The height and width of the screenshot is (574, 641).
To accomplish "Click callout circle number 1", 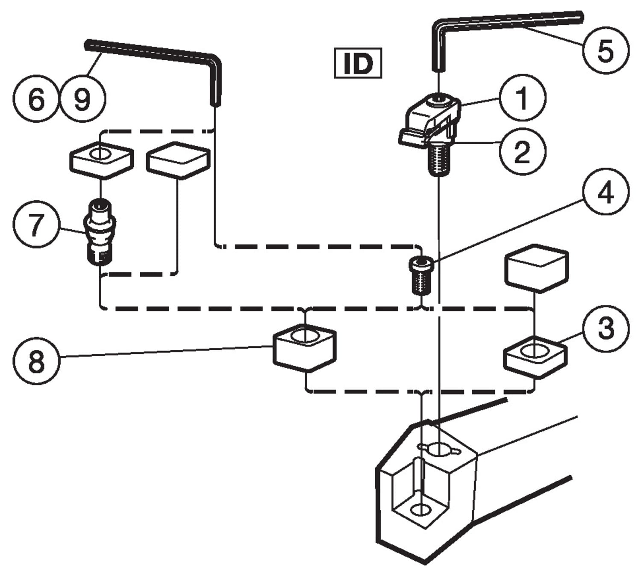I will pos(522,98).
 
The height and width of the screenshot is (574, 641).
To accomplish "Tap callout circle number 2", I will pos(522,151).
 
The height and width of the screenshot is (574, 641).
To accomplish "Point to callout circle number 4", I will pos(606,192).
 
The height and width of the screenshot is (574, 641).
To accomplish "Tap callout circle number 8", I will pos(36,360).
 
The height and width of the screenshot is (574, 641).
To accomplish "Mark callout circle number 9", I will pos(82,99).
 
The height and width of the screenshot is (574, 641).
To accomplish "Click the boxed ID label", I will pos(358,64).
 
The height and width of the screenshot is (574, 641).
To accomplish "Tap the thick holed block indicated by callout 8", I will pos(304,347).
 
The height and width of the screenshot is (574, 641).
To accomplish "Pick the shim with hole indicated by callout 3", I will pos(535,356).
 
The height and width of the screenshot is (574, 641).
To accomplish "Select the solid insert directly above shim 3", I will pos(536,268).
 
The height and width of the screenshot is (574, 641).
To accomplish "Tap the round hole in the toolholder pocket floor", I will pos(420,509).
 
